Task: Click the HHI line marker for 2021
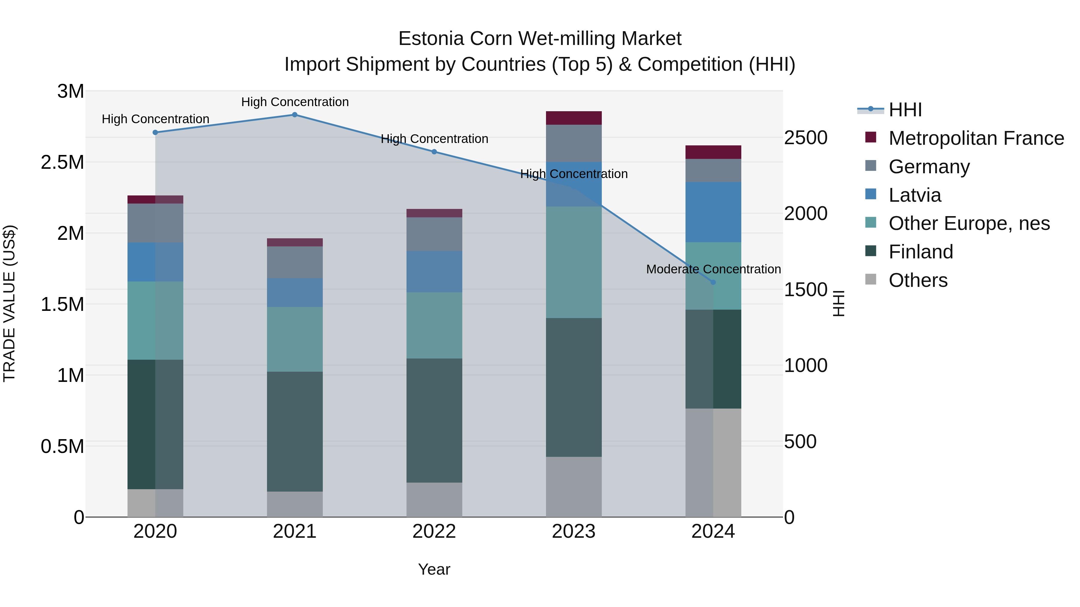click(x=295, y=115)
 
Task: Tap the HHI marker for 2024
click(x=713, y=282)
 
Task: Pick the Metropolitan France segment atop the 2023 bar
click(x=574, y=118)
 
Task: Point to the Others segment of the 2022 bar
click(x=434, y=499)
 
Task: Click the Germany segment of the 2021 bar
click(x=295, y=262)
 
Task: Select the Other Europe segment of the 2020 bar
click(x=155, y=320)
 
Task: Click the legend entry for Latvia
click(x=915, y=195)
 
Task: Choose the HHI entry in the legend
click(x=905, y=110)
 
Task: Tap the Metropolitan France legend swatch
click(x=871, y=137)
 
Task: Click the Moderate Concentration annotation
click(x=713, y=269)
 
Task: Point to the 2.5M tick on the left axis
click(x=62, y=162)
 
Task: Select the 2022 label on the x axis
click(x=434, y=531)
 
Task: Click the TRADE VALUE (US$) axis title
click(x=9, y=304)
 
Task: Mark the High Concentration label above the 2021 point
click(x=295, y=102)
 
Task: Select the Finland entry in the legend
click(x=921, y=252)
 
